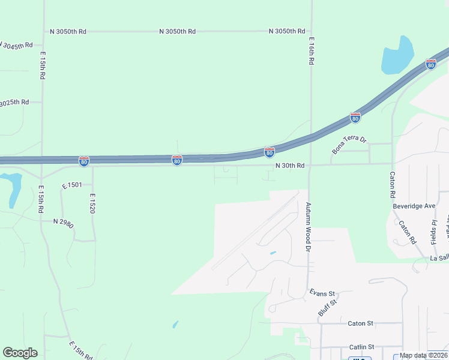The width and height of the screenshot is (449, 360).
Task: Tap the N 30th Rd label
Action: pos(290,166)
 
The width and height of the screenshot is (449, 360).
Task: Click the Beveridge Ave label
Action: pos(414,206)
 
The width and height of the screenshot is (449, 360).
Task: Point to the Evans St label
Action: pos(322,293)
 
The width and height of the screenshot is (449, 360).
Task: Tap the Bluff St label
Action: pos(327,308)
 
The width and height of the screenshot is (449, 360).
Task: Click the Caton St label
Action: pos(360,323)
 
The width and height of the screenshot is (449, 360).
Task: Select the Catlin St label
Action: pos(361,347)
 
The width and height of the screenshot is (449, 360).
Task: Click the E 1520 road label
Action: pos(93,204)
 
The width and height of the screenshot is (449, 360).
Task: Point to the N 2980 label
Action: pos(63,221)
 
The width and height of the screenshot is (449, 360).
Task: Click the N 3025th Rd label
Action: pos(13,103)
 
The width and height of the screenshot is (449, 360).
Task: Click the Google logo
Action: pos(20,352)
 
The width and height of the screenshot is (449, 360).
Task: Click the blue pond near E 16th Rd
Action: pos(397,55)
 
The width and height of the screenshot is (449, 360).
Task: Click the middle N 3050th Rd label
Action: pos(178,31)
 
